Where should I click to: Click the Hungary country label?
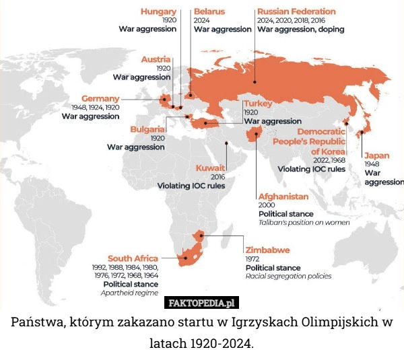(x=159, y=11)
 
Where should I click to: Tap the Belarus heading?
(x=209, y=11)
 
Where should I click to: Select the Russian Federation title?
(x=296, y=11)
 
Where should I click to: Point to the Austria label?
(x=156, y=60)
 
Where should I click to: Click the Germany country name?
(x=100, y=98)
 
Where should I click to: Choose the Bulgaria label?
(x=149, y=129)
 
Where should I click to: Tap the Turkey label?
(x=258, y=104)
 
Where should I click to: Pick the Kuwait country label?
(x=210, y=168)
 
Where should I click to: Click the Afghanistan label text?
(x=283, y=196)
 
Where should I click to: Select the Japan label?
(x=376, y=155)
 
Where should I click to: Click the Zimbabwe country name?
(x=268, y=250)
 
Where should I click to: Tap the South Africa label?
(x=133, y=258)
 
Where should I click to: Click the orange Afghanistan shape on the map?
(x=255, y=137)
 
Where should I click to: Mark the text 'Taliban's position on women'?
(x=304, y=221)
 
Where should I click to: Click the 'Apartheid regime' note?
(x=129, y=293)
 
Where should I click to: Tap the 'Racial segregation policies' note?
(x=288, y=276)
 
